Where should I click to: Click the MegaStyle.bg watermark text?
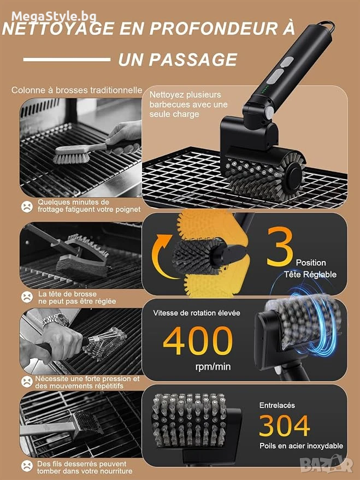[55, 15]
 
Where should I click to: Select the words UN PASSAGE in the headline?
[178, 60]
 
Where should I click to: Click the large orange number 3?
[280, 246]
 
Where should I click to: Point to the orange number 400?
[198, 340]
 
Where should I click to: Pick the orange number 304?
[285, 425]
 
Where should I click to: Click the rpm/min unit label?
[213, 366]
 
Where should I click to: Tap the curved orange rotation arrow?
[164, 257]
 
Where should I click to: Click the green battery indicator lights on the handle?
[265, 90]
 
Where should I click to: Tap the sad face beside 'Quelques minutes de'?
[27, 206]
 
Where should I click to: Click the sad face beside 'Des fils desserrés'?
[27, 466]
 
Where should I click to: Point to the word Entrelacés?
[277, 405]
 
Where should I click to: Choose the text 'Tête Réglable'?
[310, 274]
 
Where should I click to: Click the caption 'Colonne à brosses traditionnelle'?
[77, 90]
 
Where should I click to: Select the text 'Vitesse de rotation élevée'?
[197, 313]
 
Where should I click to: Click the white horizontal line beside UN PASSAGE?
[67, 60]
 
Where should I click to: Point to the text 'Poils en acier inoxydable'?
[301, 446]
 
